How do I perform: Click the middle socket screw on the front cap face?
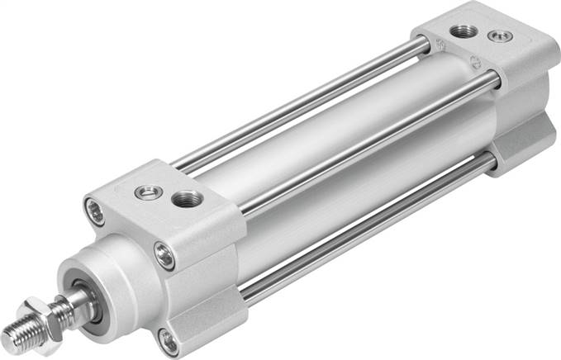tap(165, 257)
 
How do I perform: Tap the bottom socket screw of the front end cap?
tap(169, 339)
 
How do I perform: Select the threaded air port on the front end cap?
tap(185, 200)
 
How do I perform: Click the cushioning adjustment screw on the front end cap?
tap(148, 192)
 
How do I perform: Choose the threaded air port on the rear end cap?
tap(460, 31)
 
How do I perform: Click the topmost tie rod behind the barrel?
tap(306, 107)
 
